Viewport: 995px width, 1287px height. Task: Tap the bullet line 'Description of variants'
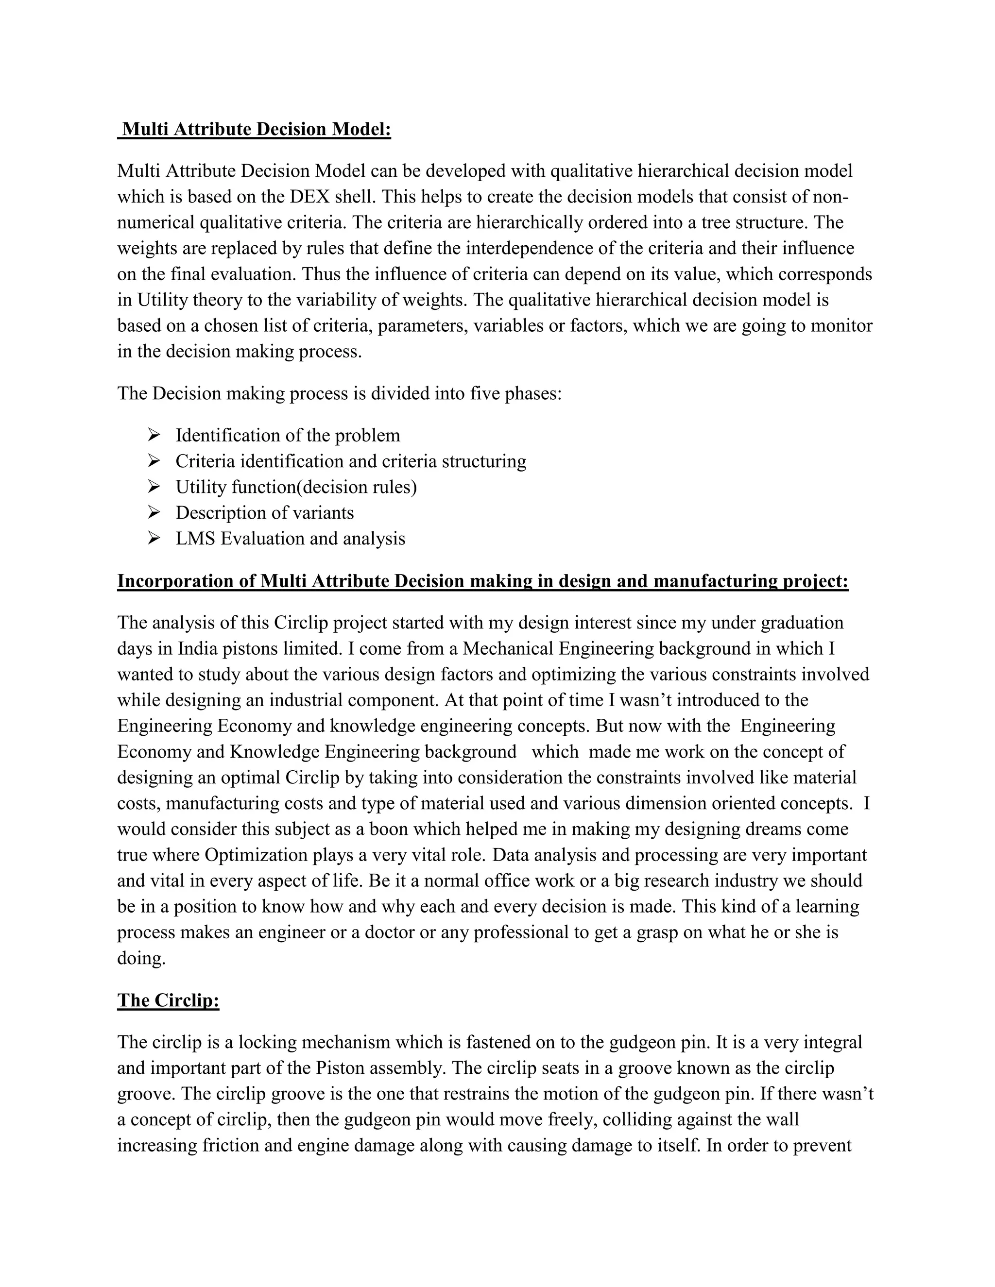(265, 513)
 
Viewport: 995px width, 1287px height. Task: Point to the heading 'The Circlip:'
(168, 1000)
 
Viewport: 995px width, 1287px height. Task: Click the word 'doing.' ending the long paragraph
(141, 959)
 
